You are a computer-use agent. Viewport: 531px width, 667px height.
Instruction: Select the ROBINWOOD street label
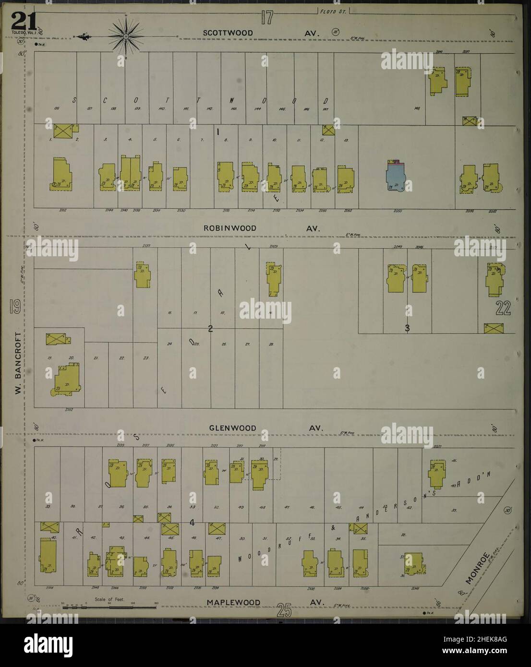(x=229, y=228)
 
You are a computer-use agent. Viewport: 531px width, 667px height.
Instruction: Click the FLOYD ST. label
(x=333, y=10)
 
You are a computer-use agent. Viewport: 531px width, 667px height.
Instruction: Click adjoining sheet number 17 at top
(x=267, y=18)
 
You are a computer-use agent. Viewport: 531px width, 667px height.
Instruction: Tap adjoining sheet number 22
(x=503, y=310)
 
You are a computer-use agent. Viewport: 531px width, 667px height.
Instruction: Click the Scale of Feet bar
(x=109, y=607)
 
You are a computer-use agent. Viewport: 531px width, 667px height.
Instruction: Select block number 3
(x=407, y=329)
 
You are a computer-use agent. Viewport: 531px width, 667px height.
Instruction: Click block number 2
(x=210, y=329)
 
